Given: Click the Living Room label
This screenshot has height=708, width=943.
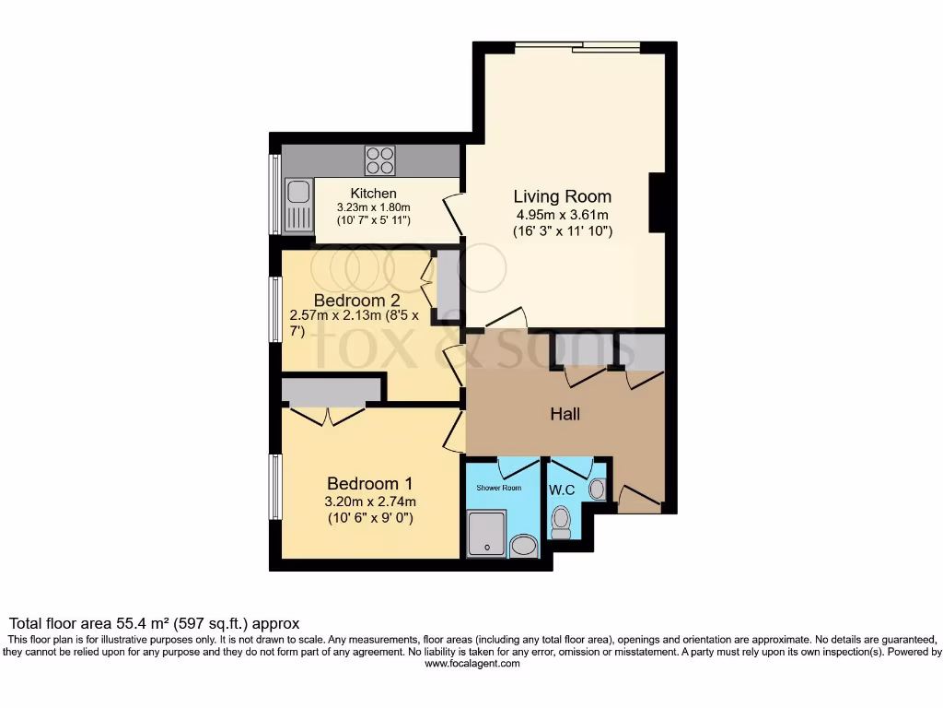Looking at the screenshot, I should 562,196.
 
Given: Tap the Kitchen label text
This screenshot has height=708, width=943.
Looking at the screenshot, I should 373,194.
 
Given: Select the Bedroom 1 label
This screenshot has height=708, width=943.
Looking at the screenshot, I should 370,484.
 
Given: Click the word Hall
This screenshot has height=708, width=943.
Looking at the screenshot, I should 565,415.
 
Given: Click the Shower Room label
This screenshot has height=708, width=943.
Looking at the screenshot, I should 498,488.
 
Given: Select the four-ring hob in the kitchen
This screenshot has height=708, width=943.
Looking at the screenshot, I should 379,161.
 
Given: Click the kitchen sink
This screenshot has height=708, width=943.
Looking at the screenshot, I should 297,195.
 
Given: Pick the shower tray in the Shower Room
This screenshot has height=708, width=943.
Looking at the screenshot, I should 486,535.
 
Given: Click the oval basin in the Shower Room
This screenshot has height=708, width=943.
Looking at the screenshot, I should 524,548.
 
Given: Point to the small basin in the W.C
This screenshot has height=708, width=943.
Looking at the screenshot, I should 597,489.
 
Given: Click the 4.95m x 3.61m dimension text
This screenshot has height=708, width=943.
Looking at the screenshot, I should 562,215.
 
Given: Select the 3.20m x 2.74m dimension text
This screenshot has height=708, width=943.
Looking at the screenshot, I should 370,502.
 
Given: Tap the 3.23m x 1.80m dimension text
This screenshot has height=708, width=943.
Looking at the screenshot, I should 373,207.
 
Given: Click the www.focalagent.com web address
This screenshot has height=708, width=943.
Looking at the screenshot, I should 471,663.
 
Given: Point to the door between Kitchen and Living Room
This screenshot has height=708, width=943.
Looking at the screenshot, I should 452,215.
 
